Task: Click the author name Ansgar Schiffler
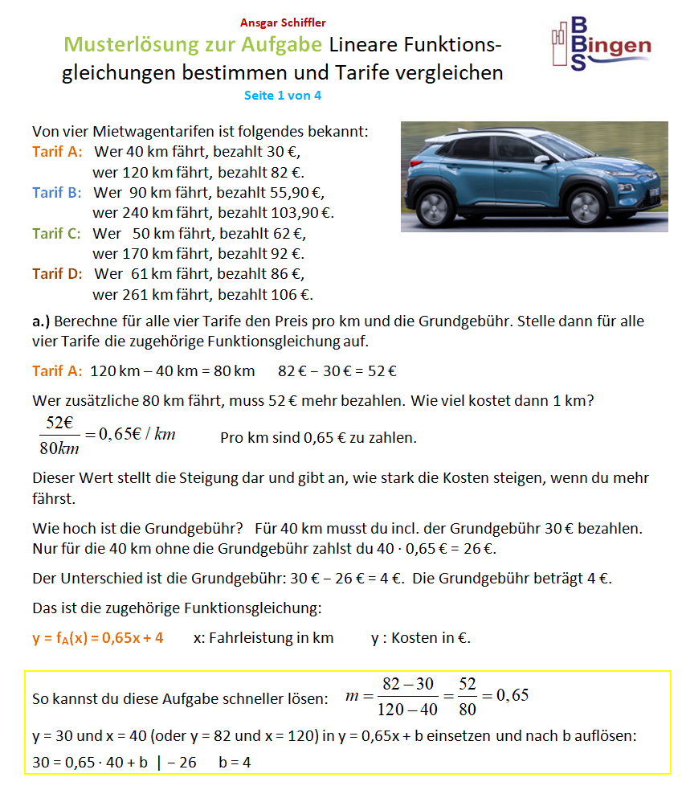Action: point(283,23)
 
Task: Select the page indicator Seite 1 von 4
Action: point(283,95)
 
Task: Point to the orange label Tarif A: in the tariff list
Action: point(56,151)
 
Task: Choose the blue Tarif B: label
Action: point(57,192)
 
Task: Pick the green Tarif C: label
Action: point(57,233)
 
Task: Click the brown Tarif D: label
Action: point(57,273)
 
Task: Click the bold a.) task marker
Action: point(42,321)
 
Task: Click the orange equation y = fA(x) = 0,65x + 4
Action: point(98,638)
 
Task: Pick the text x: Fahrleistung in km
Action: point(263,638)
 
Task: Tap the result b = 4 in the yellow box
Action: point(235,762)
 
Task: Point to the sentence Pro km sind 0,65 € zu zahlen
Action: point(318,438)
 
